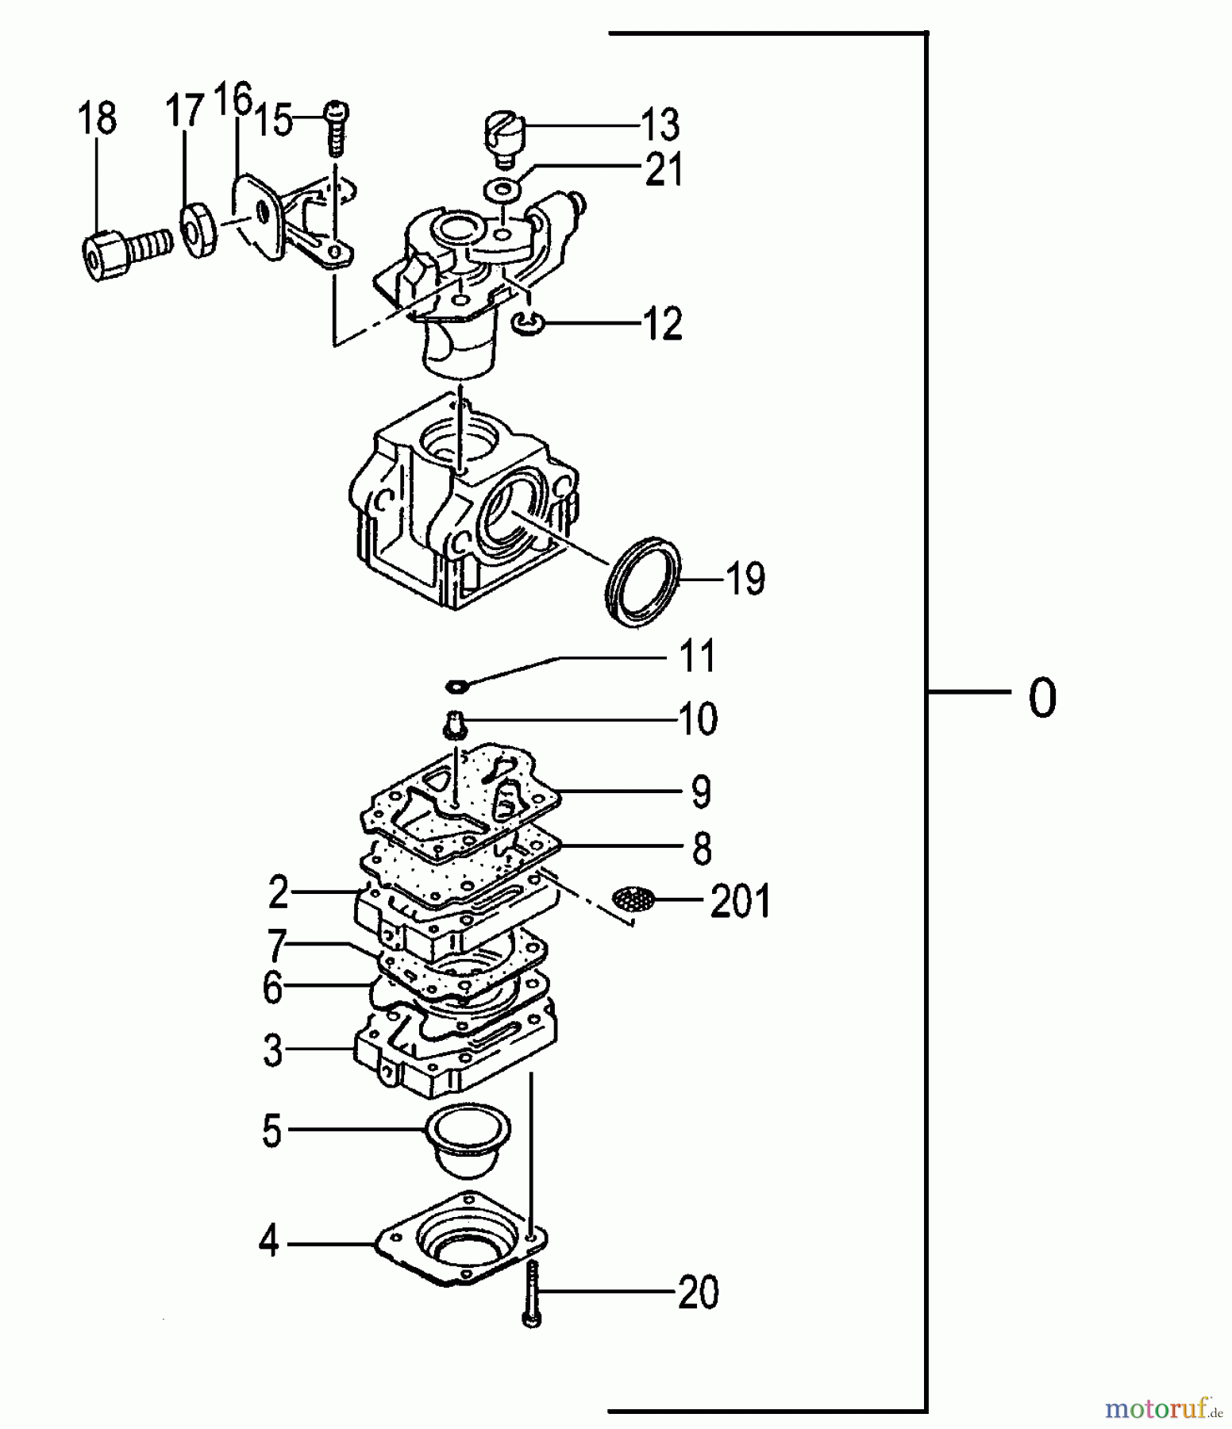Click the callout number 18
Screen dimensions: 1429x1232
point(97,119)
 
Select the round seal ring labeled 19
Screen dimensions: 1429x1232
point(643,582)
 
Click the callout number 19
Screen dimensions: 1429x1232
point(745,579)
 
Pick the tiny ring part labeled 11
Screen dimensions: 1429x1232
point(457,684)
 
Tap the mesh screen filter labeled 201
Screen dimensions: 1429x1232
point(633,899)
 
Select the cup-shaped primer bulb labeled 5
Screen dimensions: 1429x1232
point(468,1140)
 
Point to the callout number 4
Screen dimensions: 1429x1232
point(269,1241)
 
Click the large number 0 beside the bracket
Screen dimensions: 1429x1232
point(1042,699)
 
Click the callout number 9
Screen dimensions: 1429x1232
point(700,792)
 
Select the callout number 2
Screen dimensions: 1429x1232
point(278,892)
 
